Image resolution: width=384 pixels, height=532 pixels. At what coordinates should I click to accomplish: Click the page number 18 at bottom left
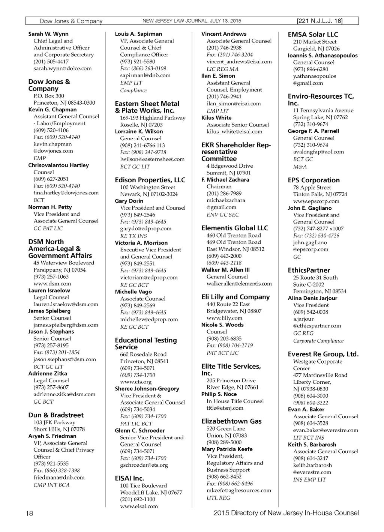29,513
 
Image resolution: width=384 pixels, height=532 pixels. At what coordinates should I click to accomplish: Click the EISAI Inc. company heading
129,478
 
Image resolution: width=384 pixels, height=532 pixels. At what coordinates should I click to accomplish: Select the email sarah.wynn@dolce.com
62,68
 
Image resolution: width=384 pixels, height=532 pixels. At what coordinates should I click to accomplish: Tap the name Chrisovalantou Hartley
58,165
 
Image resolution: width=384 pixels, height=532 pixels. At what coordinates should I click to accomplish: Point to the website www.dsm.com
52,284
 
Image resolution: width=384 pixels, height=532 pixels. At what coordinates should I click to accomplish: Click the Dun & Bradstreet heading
56,415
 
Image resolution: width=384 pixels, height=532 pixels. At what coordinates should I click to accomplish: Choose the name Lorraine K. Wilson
139,131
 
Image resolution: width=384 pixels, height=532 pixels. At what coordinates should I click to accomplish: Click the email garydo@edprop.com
145,228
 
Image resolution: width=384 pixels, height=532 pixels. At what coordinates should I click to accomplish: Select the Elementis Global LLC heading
235,228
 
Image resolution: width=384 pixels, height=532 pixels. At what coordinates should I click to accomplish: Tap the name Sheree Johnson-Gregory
147,389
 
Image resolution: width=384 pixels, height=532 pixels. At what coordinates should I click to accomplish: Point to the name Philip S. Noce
219,394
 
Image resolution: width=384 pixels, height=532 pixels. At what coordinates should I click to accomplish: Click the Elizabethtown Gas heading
231,421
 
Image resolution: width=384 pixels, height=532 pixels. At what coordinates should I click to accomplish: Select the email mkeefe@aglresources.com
238,490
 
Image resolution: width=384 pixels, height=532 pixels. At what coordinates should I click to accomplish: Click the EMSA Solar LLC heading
313,34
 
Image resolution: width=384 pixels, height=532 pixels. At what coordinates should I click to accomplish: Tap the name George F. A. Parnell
313,131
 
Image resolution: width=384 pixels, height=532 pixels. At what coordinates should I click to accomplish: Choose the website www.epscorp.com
316,201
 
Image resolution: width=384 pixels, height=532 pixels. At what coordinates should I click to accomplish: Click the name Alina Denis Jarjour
312,298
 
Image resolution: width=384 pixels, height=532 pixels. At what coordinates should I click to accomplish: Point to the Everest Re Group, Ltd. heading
323,354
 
